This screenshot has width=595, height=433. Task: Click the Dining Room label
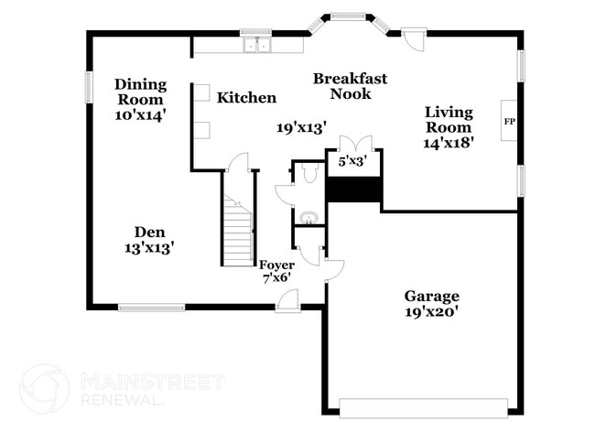140,92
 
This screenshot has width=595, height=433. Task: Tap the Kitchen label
246,98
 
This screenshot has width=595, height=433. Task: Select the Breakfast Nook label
350,86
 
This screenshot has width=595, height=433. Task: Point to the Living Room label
449,120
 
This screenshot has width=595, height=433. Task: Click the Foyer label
276,265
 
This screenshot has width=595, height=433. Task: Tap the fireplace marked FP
510,120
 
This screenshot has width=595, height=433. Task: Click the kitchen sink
256,44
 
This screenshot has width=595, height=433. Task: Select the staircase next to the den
240,230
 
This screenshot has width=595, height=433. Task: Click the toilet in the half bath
308,173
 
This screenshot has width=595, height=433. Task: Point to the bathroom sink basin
308,218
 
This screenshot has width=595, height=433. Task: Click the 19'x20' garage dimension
432,311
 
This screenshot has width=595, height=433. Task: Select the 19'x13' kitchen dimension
302,128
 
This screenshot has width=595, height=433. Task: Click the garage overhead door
425,406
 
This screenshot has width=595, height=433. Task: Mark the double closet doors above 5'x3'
354,145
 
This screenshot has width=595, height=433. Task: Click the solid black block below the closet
354,189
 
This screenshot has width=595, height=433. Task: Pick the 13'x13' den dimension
149,247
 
